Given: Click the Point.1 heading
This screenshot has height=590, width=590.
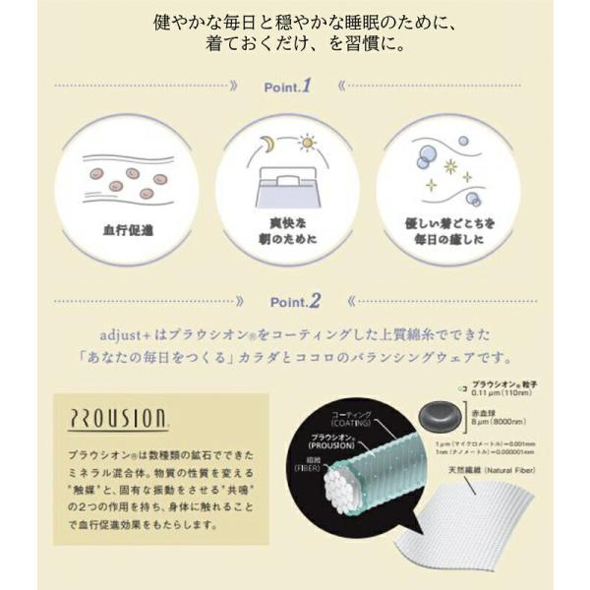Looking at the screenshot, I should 287,87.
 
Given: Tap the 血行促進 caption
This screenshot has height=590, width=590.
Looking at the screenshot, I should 129,231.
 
